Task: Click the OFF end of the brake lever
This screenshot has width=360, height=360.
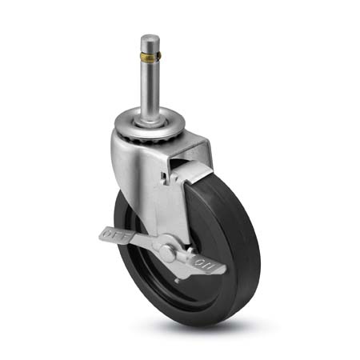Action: pos(107,234)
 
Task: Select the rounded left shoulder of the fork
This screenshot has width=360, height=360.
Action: pos(120,148)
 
